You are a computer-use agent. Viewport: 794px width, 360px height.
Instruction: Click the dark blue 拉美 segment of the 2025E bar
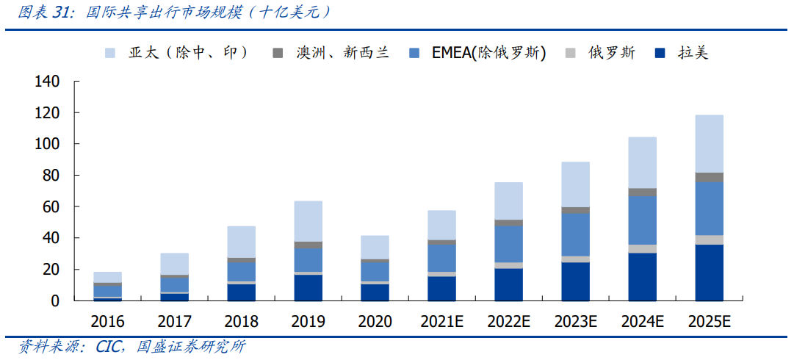(709, 273)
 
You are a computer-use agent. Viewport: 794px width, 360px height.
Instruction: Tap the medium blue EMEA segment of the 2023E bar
(575, 235)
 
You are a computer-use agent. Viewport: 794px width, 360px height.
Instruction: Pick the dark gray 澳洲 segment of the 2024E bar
(642, 192)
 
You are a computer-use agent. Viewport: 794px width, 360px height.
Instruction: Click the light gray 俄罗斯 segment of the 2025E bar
(709, 240)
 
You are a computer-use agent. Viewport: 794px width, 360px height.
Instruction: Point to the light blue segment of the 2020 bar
(375, 247)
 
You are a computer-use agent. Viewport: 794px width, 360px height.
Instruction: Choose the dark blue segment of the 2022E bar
(508, 284)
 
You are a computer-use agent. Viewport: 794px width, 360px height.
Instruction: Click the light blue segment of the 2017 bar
(174, 264)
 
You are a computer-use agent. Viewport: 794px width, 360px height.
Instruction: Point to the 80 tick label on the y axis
(50, 176)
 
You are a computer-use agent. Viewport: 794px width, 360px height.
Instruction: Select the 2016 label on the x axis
(107, 322)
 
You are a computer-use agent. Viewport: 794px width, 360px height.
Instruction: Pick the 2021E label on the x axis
(441, 322)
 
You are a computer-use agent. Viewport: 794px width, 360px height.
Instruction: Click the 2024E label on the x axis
(642, 322)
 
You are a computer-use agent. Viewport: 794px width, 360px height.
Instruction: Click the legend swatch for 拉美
(660, 53)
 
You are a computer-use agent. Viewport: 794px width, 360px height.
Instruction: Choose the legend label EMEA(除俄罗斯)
(488, 53)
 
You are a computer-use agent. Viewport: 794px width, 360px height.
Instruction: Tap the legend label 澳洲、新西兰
(342, 53)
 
